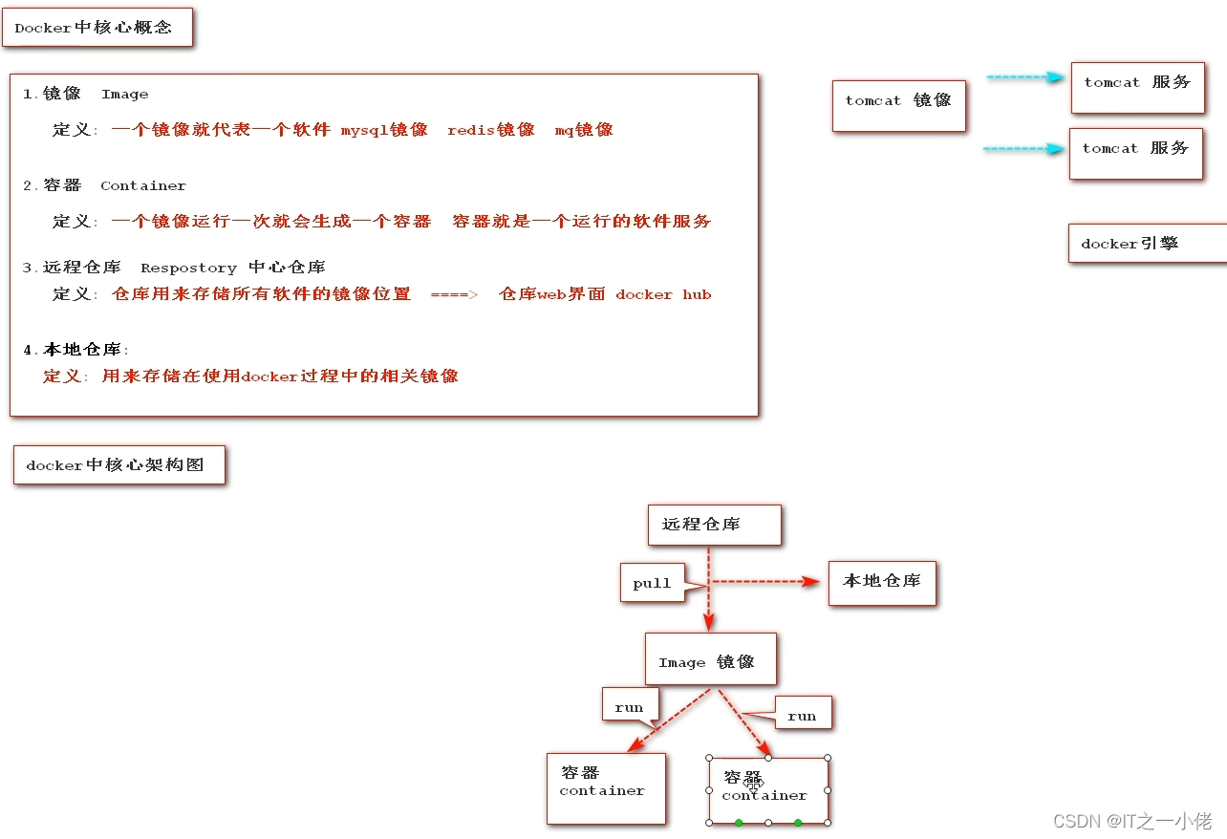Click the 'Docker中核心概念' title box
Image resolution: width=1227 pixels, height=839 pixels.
[x=97, y=28]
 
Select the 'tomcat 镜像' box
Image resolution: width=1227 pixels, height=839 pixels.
[x=898, y=102]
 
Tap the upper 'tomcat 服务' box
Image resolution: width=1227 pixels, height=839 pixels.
[x=1136, y=86]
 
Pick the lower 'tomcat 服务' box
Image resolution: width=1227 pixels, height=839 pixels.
[x=1135, y=152]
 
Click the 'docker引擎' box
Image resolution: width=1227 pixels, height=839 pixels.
[x=1145, y=244]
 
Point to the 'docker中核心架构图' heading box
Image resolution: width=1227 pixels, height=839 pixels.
[x=118, y=465]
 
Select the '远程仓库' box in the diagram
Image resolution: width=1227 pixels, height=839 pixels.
[x=714, y=525]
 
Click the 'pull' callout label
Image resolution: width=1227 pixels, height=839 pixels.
[x=653, y=583]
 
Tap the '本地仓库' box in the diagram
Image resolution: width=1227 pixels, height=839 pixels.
[x=881, y=581]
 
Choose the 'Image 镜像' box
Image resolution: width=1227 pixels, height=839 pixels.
[x=710, y=659]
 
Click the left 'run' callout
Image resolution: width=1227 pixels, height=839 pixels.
[x=630, y=706]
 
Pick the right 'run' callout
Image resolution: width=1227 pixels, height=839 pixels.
[x=801, y=715]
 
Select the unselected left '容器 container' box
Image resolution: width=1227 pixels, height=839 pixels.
[x=605, y=787]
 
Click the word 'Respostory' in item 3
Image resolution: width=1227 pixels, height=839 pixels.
[x=188, y=268]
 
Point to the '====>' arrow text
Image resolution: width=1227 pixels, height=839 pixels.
[x=453, y=295]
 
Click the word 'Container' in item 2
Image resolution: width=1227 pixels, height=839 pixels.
[x=143, y=186]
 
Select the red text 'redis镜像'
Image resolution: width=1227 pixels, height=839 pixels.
[x=490, y=130]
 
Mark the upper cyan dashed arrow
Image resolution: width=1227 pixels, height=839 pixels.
[x=1024, y=77]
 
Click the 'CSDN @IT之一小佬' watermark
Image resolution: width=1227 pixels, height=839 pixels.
[x=1131, y=821]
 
